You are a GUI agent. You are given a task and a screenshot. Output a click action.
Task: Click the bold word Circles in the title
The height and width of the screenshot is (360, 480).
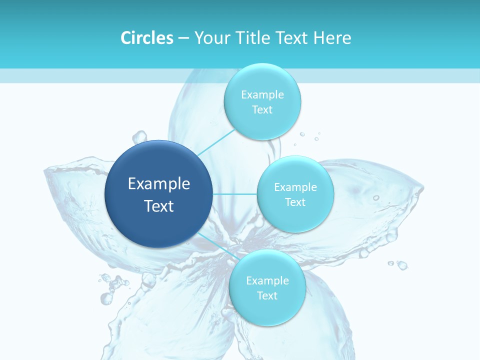[x=146, y=38]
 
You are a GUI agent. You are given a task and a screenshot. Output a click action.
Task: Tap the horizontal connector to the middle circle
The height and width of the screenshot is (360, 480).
[x=235, y=194]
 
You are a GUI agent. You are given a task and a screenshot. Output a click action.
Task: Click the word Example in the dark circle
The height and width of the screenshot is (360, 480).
[x=159, y=184]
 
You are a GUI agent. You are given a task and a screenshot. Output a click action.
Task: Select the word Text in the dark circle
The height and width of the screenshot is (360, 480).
[x=159, y=206]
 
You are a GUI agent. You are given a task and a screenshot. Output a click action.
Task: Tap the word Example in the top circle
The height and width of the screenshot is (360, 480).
[x=262, y=95]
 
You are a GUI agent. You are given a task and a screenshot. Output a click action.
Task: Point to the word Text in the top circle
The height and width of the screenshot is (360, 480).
[x=262, y=110]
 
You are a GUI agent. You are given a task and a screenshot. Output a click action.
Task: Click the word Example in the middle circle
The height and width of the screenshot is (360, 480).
[x=295, y=187]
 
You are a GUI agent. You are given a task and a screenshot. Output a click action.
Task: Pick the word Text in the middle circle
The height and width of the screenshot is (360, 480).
[x=295, y=202]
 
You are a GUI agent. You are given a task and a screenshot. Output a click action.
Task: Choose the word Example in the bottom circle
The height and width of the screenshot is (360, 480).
[x=267, y=281]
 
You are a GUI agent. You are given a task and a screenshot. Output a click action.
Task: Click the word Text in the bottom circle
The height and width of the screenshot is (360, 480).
[x=267, y=296]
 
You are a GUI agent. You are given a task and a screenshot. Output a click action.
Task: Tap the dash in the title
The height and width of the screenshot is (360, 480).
[x=183, y=38]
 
